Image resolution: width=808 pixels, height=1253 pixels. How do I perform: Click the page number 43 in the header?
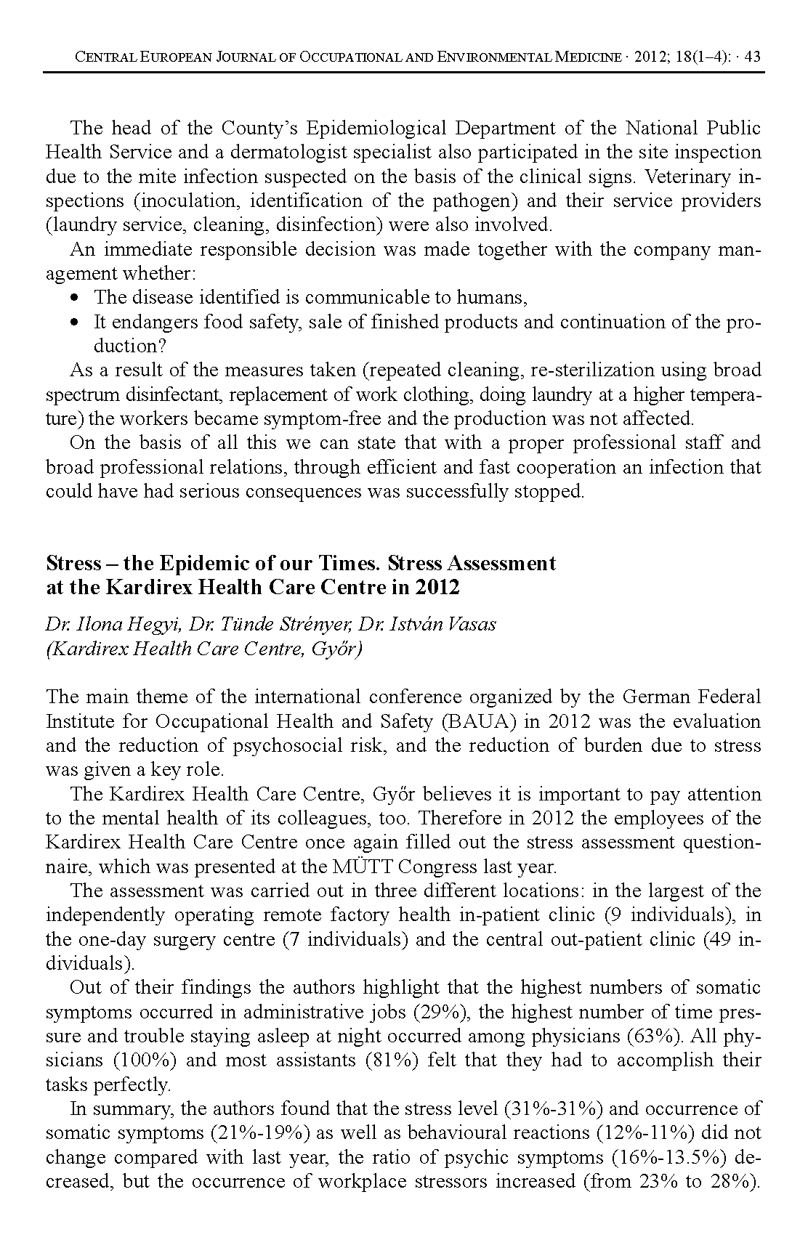[x=752, y=57]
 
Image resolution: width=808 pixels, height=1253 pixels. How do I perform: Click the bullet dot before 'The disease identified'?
[x=76, y=298]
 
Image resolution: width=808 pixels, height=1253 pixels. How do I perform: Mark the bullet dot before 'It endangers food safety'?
[x=76, y=322]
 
